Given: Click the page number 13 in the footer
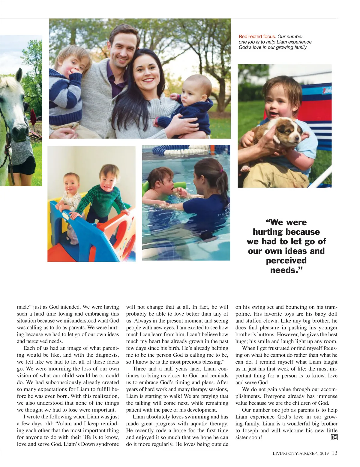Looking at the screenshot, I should click(x=334, y=453).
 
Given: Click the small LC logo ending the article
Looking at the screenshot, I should click(x=334, y=437).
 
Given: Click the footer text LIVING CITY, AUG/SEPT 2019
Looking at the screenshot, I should click(x=300, y=454).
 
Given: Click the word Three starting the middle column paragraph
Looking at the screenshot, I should click(x=139, y=369).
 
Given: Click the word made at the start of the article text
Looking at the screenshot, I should click(x=23, y=307).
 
